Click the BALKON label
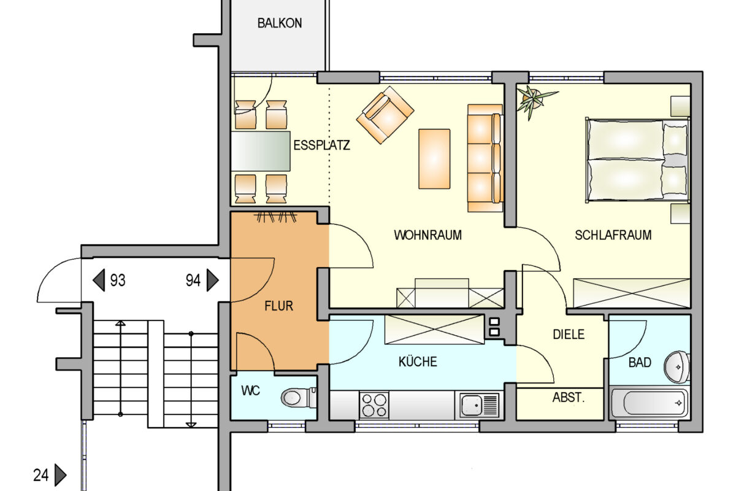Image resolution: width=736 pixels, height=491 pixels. [x=280, y=23]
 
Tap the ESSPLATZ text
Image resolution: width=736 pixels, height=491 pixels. [x=321, y=146]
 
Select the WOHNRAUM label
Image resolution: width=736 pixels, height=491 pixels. [x=427, y=235]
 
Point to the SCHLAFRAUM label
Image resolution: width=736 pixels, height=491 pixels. [x=613, y=235]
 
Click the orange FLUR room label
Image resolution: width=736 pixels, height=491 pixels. [x=278, y=306]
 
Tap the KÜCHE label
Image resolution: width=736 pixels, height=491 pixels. [x=418, y=362]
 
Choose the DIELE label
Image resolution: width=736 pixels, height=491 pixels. [x=569, y=335]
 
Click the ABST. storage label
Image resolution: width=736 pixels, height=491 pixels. [x=569, y=398]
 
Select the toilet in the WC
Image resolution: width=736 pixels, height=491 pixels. [x=297, y=398]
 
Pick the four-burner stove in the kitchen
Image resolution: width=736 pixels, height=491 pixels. [x=374, y=406]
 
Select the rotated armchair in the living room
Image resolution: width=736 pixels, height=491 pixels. [x=385, y=114]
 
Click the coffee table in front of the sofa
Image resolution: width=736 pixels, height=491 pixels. [x=434, y=158]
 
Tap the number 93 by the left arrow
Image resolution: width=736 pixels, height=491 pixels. [x=118, y=281]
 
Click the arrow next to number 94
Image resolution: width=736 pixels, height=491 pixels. [x=212, y=281]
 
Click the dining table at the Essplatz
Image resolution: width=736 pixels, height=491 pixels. [x=260, y=150]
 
